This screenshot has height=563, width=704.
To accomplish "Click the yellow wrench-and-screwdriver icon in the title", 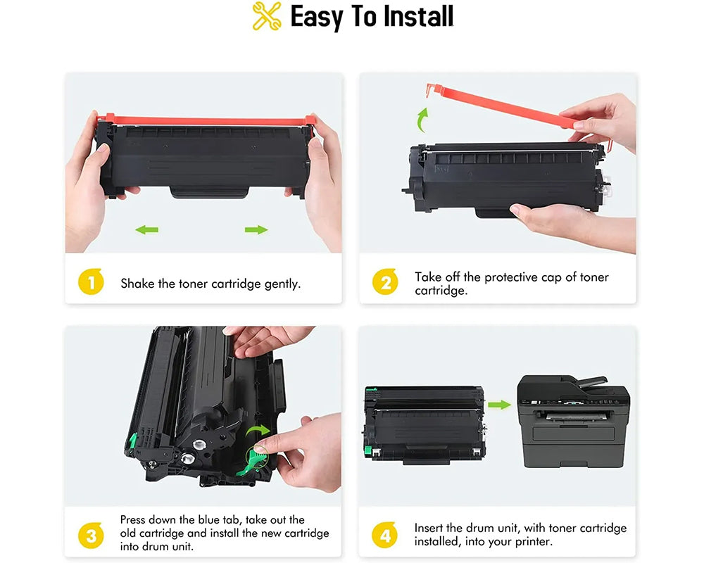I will [x=267, y=17].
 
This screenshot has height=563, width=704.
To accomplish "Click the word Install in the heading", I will [x=412, y=17].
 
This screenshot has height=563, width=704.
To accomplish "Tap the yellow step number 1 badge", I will [x=91, y=284].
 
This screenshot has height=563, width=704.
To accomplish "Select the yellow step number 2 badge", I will [x=385, y=284].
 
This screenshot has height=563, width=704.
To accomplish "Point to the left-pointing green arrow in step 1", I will [x=146, y=229].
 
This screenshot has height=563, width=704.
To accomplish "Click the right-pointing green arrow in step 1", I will [x=256, y=229].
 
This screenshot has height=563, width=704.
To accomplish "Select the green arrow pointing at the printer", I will [x=499, y=405].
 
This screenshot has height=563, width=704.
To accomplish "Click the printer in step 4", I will [x=573, y=421].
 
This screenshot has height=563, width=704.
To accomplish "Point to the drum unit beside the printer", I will [x=424, y=424].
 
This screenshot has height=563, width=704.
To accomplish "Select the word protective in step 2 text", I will [x=504, y=277].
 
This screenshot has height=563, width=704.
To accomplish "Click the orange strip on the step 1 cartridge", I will [x=204, y=121].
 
